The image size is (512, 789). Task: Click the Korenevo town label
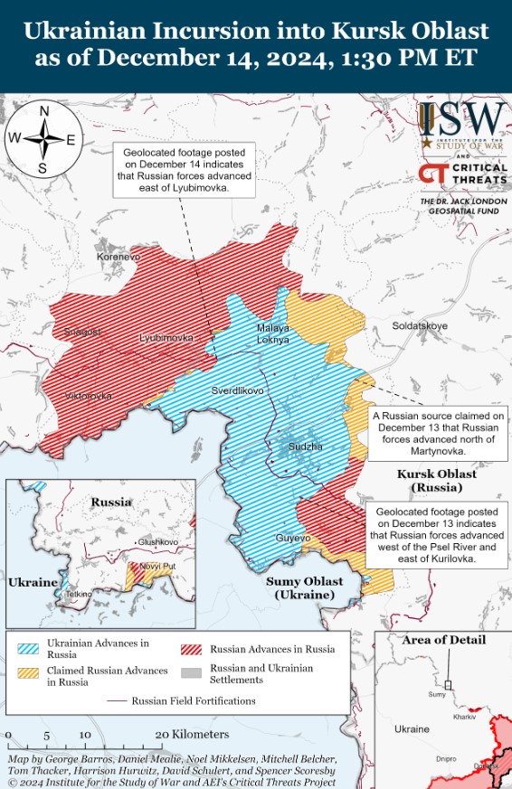coord(119,258)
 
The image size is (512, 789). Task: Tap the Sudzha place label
coord(305,447)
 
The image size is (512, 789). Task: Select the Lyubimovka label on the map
coord(166,338)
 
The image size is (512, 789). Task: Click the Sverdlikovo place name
coord(237,391)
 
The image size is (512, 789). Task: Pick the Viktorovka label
coord(89,397)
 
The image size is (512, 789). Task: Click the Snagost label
coord(82,332)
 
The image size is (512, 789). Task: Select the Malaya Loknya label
coord(273,333)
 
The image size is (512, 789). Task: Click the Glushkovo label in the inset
coord(157,542)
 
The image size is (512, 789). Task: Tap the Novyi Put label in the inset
coord(157,567)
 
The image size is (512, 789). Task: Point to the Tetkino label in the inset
coord(78,595)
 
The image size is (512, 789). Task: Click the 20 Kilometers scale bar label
coord(192,735)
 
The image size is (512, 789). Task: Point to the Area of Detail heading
coord(443,640)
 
